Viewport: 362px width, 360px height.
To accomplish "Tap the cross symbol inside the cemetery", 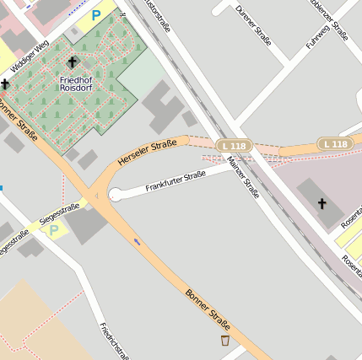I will coord(71,62).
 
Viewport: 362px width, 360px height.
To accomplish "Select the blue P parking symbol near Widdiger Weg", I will coord(96,14).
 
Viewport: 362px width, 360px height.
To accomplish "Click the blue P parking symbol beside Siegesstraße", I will coord(54,229).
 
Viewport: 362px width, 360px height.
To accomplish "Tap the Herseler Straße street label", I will coord(147,151).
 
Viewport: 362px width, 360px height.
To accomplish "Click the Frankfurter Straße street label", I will coord(176,180).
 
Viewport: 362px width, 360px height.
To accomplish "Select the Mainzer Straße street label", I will coord(244,178).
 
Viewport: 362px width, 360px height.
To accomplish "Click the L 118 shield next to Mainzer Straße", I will coord(234,146).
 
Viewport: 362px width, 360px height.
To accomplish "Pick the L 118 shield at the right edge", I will coord(335,144).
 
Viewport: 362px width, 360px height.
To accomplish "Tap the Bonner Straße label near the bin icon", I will coord(207,307).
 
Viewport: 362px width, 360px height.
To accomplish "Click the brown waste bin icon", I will coord(224,341).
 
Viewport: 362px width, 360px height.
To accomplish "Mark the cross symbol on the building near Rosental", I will coord(321,202).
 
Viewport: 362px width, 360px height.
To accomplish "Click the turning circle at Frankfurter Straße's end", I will coord(115,196).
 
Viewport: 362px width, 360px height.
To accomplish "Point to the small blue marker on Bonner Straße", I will coord(138,242).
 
